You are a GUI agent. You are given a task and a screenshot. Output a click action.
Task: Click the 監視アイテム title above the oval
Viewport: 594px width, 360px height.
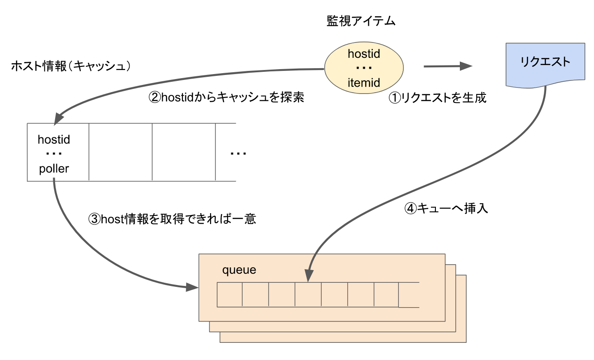[x=361, y=21]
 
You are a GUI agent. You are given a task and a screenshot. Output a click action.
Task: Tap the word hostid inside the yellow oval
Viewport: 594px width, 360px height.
[x=364, y=54]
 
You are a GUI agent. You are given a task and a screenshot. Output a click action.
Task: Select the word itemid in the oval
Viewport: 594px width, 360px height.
[x=364, y=83]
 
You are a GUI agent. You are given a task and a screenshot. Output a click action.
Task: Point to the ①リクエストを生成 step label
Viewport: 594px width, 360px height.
[x=437, y=98]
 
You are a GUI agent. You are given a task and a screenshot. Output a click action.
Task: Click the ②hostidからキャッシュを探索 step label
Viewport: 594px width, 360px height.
[x=226, y=98]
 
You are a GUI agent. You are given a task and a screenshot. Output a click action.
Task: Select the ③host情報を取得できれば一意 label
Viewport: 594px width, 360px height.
[x=172, y=220]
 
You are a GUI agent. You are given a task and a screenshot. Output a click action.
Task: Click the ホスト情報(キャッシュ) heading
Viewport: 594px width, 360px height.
[x=71, y=66]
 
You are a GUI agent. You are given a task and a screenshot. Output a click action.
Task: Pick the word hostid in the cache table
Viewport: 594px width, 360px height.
[x=54, y=140]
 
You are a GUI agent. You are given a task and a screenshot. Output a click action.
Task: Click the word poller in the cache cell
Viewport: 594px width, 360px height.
[x=54, y=168]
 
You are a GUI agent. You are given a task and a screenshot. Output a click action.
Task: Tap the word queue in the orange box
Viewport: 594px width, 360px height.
[x=239, y=270]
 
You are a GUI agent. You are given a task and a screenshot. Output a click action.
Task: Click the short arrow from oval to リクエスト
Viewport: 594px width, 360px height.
[x=447, y=67]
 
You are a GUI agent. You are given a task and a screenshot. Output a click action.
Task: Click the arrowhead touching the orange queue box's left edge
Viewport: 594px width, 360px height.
[x=193, y=287]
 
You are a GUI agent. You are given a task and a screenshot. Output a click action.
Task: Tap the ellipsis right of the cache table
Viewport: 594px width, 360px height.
[x=238, y=154]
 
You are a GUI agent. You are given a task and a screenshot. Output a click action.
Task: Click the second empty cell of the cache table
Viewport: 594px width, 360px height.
[x=183, y=152]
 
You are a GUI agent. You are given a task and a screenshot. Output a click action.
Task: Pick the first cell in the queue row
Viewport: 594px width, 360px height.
[x=230, y=295]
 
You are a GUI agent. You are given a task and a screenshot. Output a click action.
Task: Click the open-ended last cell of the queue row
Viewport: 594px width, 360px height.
[x=409, y=295]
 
